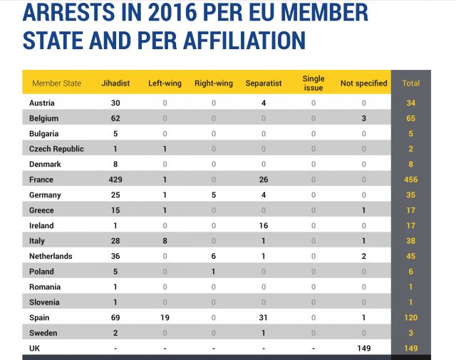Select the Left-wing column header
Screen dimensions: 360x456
165,83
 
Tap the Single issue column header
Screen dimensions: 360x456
313,83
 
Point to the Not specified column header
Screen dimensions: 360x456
363,83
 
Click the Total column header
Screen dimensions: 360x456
411,83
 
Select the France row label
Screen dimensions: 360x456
41,180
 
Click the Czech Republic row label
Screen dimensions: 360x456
56,149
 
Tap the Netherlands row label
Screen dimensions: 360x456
51,256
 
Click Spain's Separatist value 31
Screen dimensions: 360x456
263,317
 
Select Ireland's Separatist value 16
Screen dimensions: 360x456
263,225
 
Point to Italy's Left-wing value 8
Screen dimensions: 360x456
165,241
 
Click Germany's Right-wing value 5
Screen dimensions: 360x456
213,195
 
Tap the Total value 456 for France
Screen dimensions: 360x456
411,180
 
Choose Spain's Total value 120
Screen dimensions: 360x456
411,317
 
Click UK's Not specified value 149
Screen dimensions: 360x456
363,348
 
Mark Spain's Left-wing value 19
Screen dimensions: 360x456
165,317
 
